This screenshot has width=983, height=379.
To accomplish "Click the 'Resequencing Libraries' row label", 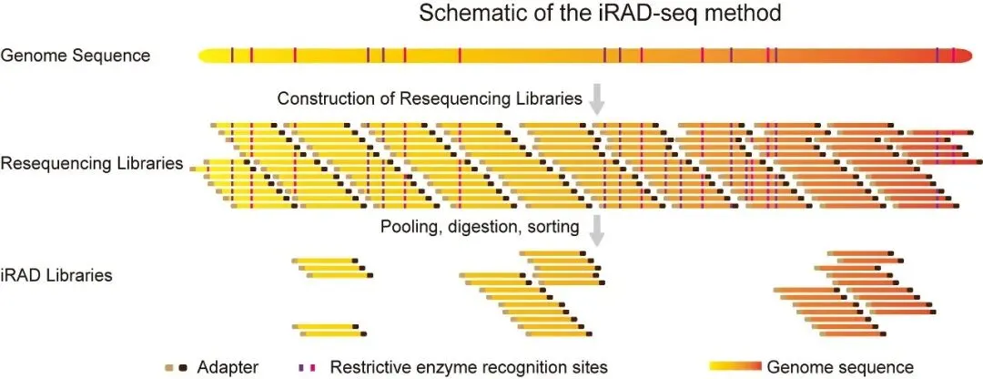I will pos(91,164).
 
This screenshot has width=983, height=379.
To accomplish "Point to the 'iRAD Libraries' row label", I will pos(56,274).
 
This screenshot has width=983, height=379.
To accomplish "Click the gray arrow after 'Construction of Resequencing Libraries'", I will pos(597,98).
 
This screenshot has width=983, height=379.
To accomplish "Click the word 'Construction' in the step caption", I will pos(319,98).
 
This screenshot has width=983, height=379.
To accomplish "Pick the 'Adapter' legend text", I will pos(228,367).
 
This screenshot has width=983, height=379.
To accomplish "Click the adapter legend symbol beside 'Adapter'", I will pos(177,367).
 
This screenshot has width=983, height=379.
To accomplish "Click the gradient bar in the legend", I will pos(734,367).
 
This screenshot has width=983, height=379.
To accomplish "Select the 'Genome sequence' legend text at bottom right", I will pos(840,367).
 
